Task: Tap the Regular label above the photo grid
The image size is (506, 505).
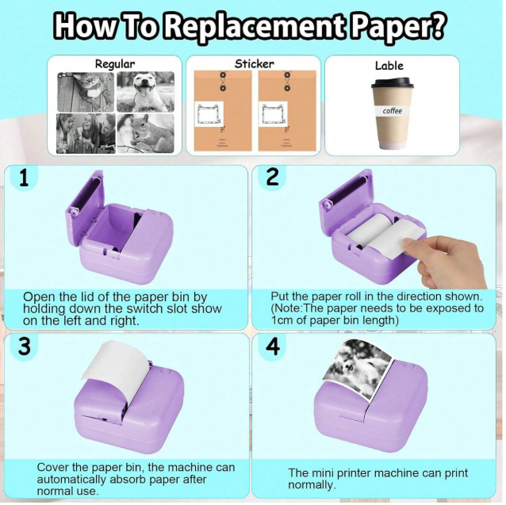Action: tap(115, 64)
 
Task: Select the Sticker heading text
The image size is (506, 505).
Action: tap(255, 63)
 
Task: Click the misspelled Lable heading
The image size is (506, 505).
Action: tap(389, 66)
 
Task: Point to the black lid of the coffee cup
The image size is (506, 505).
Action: tap(392, 82)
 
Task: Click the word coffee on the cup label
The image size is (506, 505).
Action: tap(392, 111)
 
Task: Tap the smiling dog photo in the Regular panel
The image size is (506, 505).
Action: tap(146, 92)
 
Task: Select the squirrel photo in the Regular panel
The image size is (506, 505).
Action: tap(146, 133)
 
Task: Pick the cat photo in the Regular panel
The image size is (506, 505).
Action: tap(86, 92)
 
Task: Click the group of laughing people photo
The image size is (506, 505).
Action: tap(86, 133)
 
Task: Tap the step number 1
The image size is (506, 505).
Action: tap(24, 178)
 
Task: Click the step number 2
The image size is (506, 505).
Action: tap(273, 178)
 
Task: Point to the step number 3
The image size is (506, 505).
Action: tap(25, 346)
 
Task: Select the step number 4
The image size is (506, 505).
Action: tap(273, 346)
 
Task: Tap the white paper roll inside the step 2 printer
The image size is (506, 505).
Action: tap(377, 234)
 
